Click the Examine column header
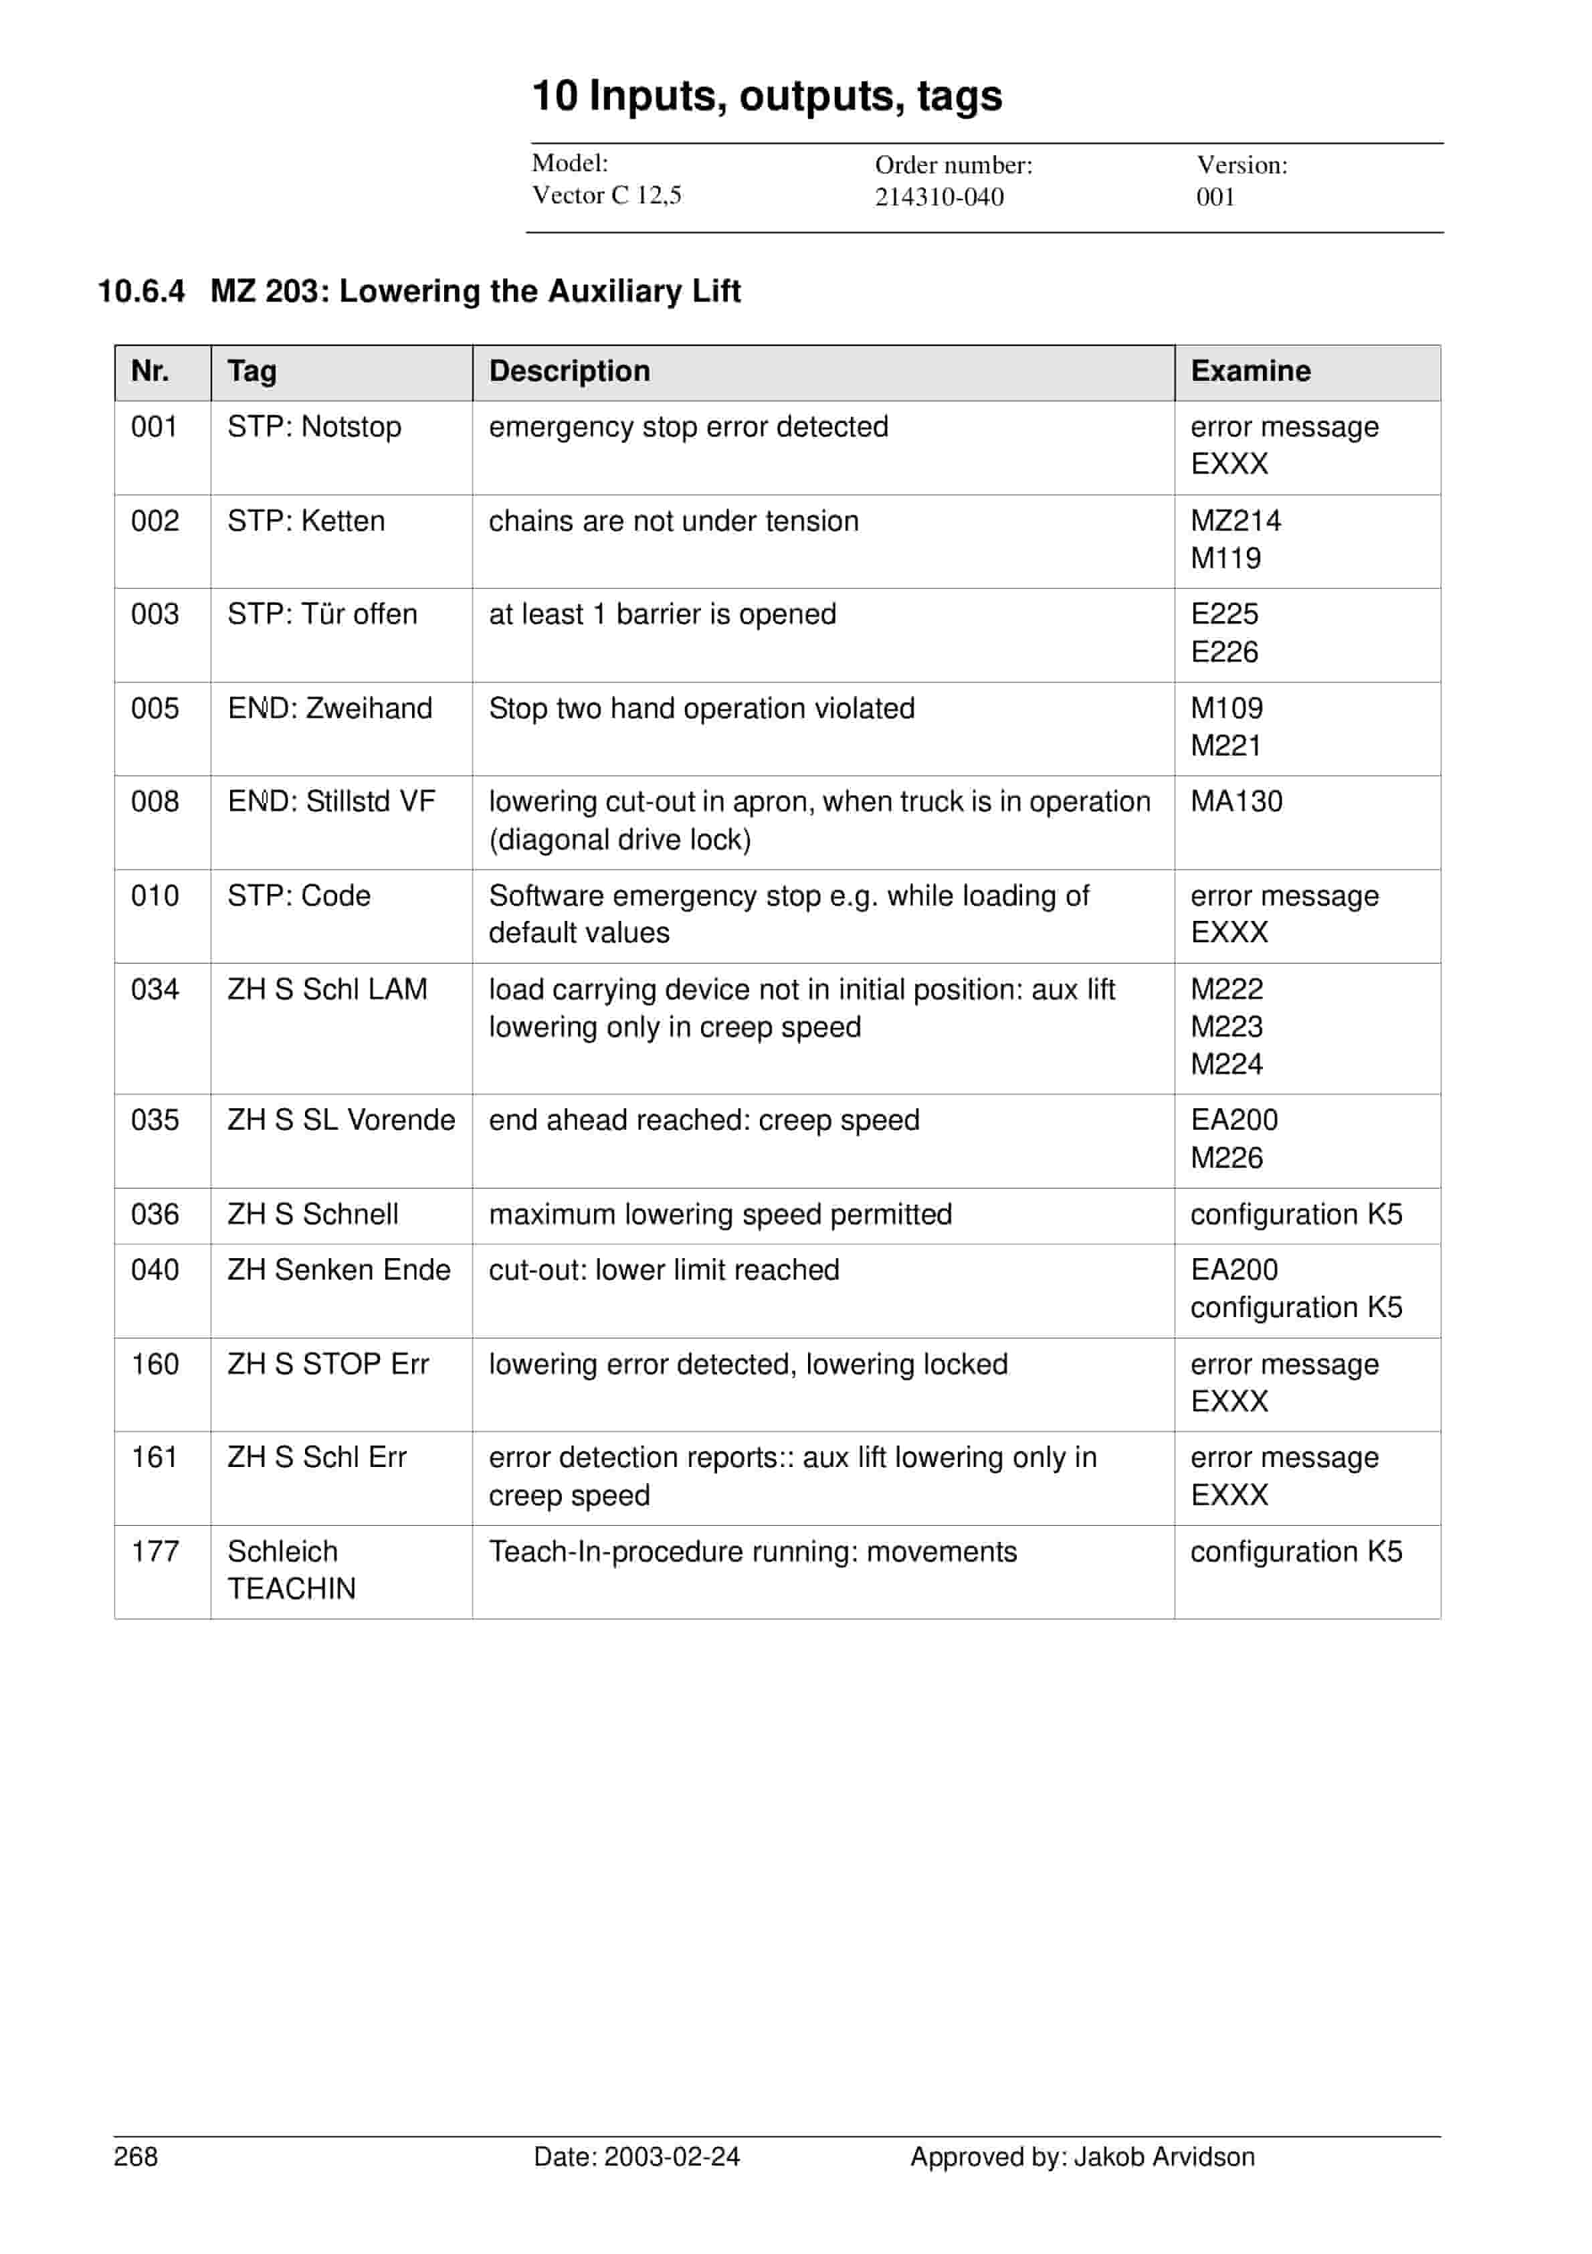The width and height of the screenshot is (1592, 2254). tap(1250, 371)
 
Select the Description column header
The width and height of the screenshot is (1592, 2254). tap(569, 371)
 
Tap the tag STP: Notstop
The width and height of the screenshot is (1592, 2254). tap(314, 427)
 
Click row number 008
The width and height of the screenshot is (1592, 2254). tap(155, 802)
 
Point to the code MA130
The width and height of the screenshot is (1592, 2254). tap(1235, 802)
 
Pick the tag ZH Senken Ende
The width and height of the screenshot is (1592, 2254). tap(338, 1270)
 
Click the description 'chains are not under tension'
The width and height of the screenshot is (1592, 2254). tap(674, 521)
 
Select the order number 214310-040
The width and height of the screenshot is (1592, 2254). tap(938, 197)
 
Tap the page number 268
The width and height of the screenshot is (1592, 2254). tap(135, 2157)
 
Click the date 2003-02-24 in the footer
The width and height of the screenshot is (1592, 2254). tap(672, 2157)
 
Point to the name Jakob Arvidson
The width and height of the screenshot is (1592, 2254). tap(1163, 2157)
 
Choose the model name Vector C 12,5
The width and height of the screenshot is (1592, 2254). tap(607, 195)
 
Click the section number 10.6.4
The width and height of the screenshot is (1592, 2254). tap(141, 292)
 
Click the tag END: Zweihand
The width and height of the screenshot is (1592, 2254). tap(330, 709)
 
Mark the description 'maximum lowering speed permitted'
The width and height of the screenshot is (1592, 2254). tap(720, 1215)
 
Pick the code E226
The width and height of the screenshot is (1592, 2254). tap(1224, 652)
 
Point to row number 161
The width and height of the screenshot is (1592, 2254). tap(154, 1458)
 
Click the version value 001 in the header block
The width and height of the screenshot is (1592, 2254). tap(1215, 197)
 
